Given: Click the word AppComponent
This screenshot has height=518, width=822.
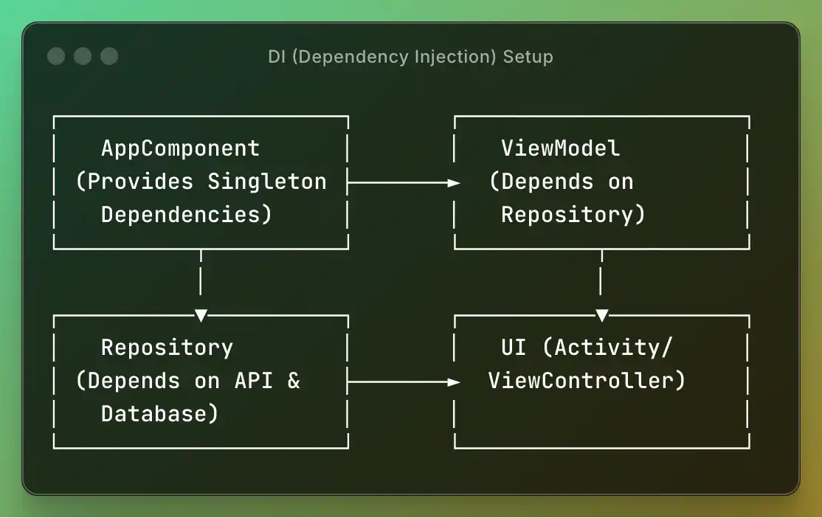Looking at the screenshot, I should click(180, 148).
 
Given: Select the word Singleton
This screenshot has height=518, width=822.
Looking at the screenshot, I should click(266, 182).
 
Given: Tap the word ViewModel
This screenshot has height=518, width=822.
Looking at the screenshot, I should click(560, 148).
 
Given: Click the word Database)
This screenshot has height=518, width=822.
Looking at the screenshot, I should click(159, 414).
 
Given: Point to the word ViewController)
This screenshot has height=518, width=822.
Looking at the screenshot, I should click(587, 381).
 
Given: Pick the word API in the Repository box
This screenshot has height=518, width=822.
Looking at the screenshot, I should click(254, 381).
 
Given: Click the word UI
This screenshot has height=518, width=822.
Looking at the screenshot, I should click(514, 348).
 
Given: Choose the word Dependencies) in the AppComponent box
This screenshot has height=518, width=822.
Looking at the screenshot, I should click(187, 215).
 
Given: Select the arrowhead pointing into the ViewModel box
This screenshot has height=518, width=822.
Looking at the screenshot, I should click(454, 182).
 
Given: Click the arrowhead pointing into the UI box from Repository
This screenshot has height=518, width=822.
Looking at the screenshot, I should click(454, 381).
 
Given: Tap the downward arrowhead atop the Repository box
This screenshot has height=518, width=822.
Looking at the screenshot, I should click(201, 316).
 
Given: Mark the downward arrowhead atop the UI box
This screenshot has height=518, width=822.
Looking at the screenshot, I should click(601, 316).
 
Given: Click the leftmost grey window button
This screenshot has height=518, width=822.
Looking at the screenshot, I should click(55, 56).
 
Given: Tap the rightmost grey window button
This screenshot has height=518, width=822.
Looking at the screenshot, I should click(109, 56).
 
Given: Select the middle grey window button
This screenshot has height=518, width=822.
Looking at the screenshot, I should click(83, 56).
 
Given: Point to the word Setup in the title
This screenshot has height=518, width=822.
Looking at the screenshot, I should click(528, 57).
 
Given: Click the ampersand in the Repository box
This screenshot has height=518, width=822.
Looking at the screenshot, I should click(294, 381).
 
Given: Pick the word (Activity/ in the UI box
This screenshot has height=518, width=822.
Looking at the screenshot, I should click(613, 348).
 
